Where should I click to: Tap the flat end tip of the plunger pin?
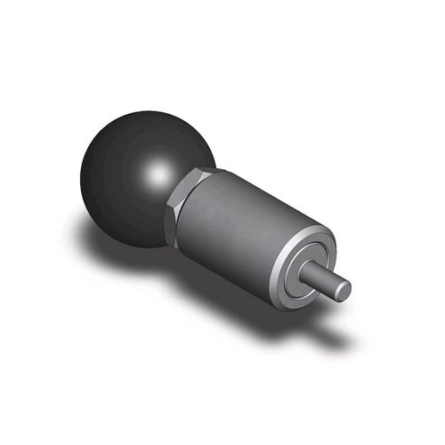pyautogui.click(x=342, y=288)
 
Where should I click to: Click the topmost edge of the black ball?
pyautogui.click(x=142, y=113)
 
